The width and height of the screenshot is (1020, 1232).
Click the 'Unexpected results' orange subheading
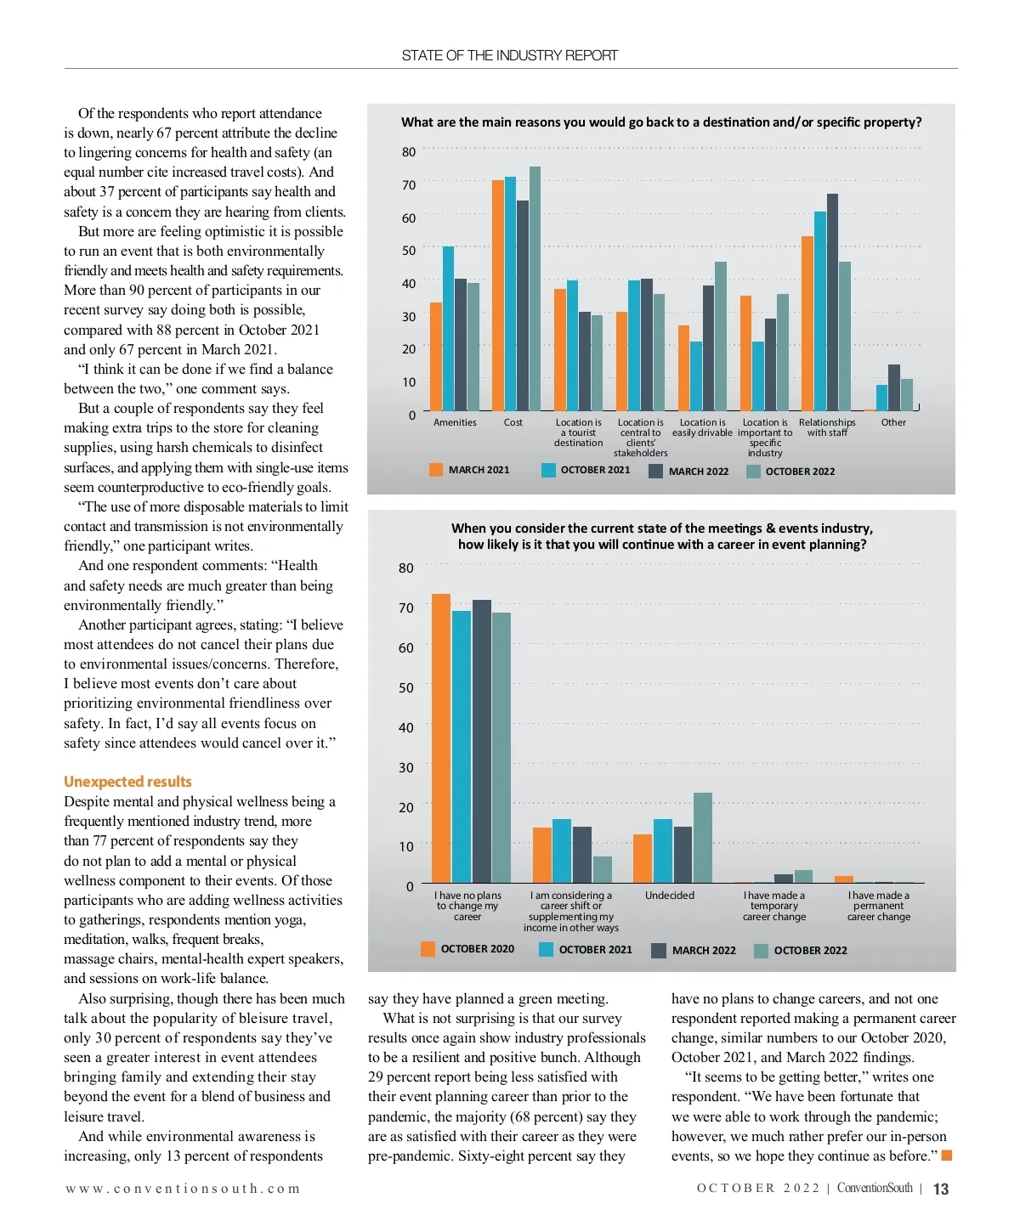coord(127,782)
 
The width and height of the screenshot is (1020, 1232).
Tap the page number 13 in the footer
coord(941,1189)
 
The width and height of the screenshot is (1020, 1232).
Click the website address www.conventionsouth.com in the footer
coord(183,1189)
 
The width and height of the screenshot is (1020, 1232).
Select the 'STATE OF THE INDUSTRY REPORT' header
coord(510,56)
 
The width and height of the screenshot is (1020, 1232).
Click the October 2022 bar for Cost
coord(535,289)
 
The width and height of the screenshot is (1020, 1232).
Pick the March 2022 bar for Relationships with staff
coord(832,302)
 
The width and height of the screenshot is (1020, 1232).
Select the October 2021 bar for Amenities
coord(448,329)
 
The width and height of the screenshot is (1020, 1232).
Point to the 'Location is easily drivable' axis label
coord(702,427)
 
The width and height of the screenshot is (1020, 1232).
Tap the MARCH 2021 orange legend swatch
coord(436,470)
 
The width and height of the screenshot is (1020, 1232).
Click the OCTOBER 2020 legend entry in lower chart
coord(467,949)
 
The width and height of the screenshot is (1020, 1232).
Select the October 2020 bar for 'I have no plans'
coord(441,738)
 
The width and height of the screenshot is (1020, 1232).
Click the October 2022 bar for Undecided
coord(703,838)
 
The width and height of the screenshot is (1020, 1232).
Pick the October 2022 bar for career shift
coord(602,869)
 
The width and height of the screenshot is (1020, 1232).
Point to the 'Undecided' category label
coord(670,896)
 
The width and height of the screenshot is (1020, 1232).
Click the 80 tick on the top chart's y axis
coord(409,152)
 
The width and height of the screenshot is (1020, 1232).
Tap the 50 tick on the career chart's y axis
coord(406,687)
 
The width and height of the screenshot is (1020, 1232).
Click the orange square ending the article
coord(947,1156)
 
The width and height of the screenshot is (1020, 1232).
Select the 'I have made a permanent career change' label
coord(879,906)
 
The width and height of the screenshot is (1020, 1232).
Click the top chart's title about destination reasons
coord(661,122)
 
